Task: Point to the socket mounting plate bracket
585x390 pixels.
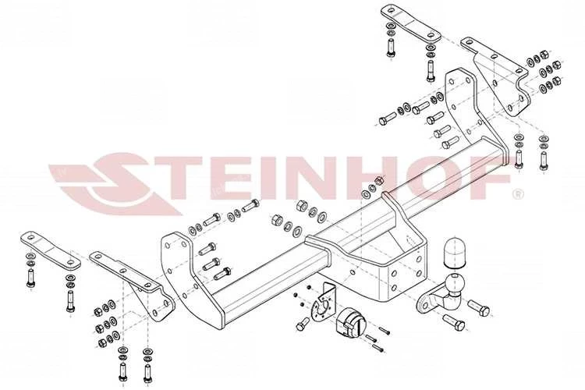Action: pyautogui.click(x=323, y=305)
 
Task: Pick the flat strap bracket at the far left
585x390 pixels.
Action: pyautogui.click(x=51, y=250)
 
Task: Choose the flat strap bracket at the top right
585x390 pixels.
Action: pyautogui.click(x=411, y=23)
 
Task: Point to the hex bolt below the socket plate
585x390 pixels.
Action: pyautogui.click(x=303, y=324)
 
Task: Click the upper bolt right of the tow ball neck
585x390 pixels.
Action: pyautogui.click(x=479, y=307)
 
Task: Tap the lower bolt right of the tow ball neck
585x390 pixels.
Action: pyautogui.click(x=454, y=321)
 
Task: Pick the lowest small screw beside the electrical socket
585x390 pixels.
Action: pyautogui.click(x=378, y=348)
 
